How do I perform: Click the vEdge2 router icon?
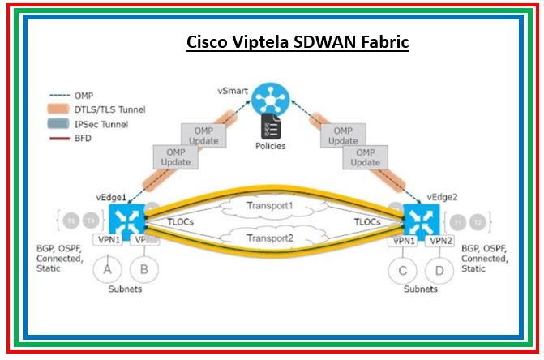[x=421, y=220]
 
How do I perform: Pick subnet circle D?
[x=439, y=269]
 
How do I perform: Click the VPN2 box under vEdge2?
[x=440, y=241]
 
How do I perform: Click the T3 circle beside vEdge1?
[x=71, y=221]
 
